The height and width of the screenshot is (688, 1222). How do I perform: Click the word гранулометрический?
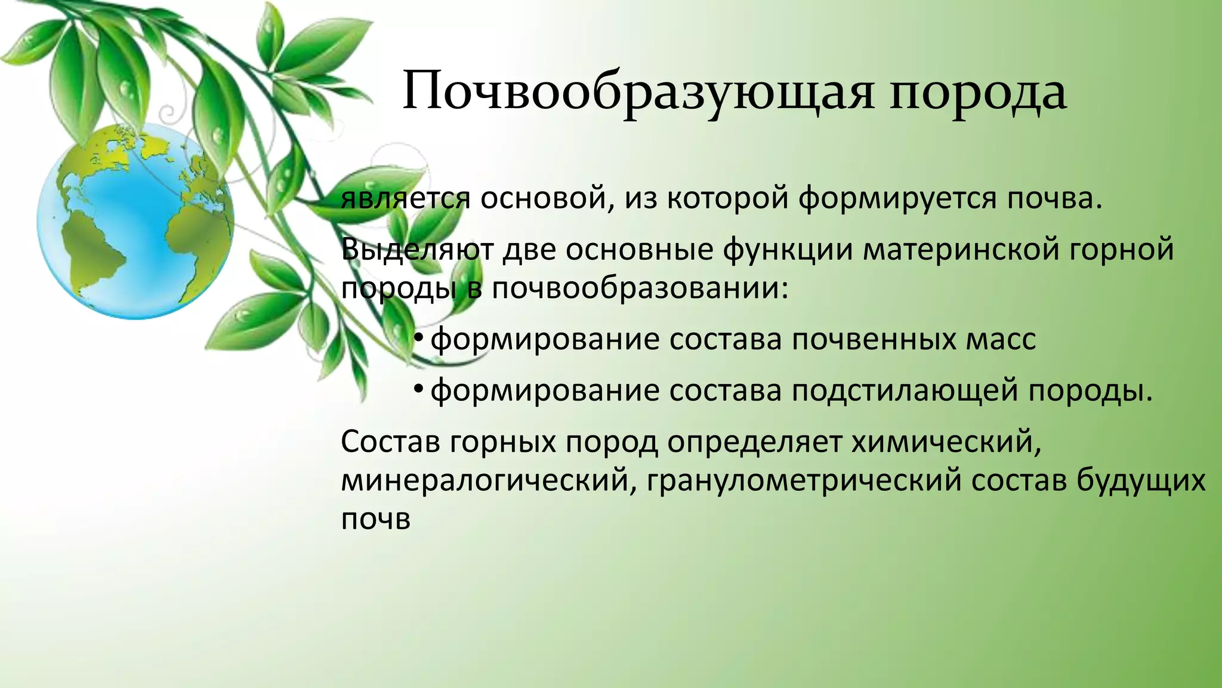[x=803, y=481]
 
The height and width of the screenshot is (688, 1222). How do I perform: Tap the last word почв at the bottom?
[x=376, y=520]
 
